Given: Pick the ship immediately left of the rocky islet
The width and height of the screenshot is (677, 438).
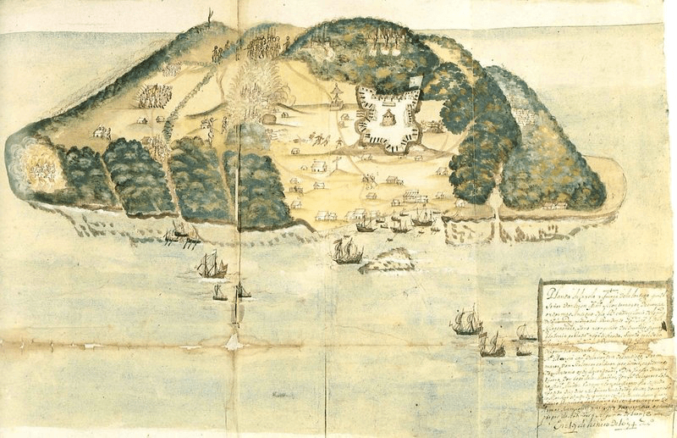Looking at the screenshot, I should pos(345,250).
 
